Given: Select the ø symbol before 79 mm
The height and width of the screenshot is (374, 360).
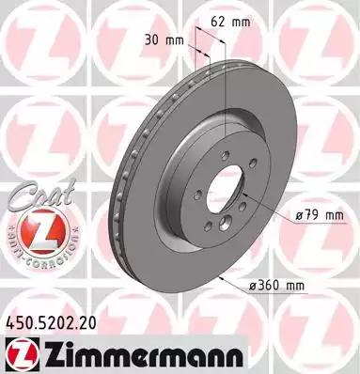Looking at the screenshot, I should tap(299, 216).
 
